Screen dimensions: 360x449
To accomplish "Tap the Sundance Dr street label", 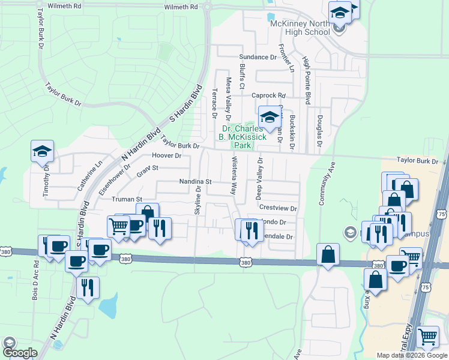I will click(258, 58).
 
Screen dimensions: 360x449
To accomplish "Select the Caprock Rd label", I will click(268, 95).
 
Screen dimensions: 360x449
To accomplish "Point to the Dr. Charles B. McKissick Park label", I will click(244, 137).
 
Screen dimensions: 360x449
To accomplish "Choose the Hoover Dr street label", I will click(167, 155).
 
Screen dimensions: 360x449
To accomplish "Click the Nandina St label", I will click(196, 181).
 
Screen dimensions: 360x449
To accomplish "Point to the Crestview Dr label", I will click(278, 208).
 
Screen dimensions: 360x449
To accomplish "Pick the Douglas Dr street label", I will click(320, 131).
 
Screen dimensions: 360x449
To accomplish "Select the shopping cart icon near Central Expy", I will click(427, 338).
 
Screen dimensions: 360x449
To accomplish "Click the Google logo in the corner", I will click(20, 353).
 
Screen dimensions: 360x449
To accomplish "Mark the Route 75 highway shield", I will click(442, 214).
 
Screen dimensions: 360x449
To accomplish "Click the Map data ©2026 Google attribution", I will click(412, 355).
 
